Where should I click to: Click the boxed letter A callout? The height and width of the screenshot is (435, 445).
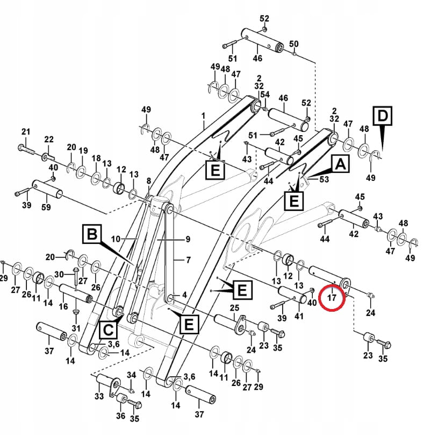pos(340,164)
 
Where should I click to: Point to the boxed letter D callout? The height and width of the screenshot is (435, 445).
pos(382,116)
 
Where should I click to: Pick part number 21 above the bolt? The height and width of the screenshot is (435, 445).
pos(25,132)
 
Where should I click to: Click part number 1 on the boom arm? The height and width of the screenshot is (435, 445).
pos(204,115)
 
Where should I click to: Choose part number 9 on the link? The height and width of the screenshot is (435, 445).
pos(188,238)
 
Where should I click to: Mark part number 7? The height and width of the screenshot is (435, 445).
pos(188,260)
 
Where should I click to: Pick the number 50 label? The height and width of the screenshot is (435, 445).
pos(293,44)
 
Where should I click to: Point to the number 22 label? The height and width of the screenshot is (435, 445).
pos(49,139)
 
